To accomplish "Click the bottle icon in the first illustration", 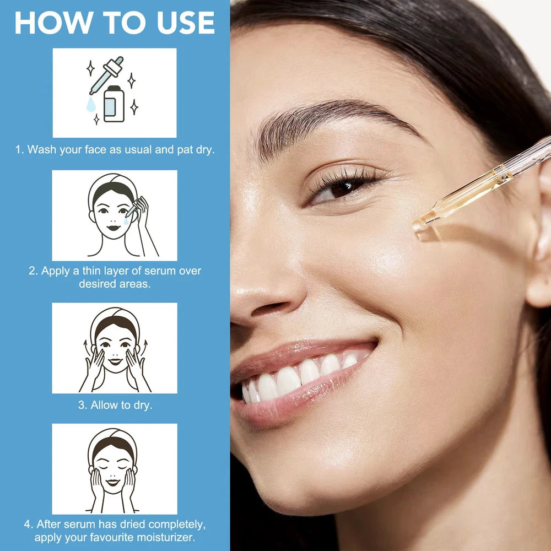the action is [x=114, y=104].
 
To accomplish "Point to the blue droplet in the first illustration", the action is [x=91, y=104].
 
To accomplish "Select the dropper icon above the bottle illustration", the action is [x=106, y=75].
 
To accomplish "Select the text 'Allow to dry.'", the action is [x=115, y=405].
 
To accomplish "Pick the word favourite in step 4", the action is [x=112, y=538].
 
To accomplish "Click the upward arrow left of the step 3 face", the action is [x=85, y=347].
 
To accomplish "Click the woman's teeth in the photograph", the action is [x=299, y=376].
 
